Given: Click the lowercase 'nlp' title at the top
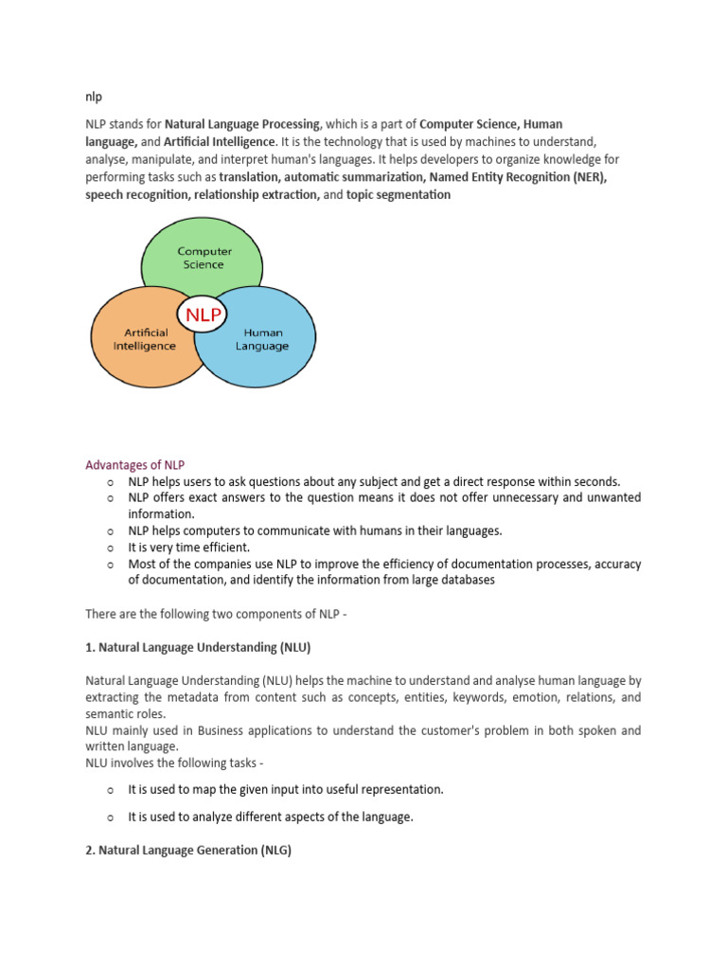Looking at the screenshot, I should pyautogui.click(x=94, y=97).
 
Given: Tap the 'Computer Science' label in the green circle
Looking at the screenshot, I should pyautogui.click(x=205, y=258).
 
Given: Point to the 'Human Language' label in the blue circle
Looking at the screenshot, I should pyautogui.click(x=266, y=339).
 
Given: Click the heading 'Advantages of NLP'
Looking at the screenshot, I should pyautogui.click(x=135, y=465).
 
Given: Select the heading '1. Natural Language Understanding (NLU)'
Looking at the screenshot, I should pyautogui.click(x=198, y=647).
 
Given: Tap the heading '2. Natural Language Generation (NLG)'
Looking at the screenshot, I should pyautogui.click(x=188, y=851).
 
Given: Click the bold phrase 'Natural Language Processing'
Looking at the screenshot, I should pyautogui.click(x=243, y=124).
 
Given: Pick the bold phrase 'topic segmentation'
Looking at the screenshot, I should pyautogui.click(x=399, y=194).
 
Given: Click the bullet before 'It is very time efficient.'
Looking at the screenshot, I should pyautogui.click(x=111, y=548).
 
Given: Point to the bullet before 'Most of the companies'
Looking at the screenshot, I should pyautogui.click(x=111, y=565).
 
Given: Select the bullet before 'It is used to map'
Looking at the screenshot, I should pyautogui.click(x=111, y=789).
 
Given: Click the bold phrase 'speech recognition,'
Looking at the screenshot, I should pyautogui.click(x=137, y=194).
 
